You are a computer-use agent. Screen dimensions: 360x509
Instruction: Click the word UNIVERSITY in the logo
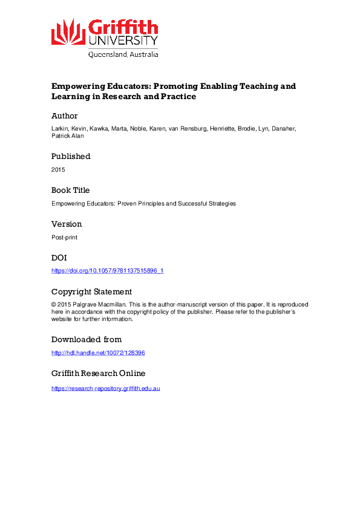[123, 41]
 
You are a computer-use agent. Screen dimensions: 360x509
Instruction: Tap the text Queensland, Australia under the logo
[123, 54]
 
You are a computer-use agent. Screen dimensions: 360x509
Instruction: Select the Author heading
[64, 115]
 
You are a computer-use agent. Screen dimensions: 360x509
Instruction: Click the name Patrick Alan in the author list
[65, 136]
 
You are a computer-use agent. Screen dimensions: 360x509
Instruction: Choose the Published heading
[71, 156]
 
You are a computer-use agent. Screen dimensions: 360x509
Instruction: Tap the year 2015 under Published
[58, 169]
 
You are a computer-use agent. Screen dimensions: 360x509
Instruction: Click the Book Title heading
[71, 190]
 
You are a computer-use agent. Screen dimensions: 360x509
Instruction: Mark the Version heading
[67, 224]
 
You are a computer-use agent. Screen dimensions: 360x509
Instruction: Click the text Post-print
[64, 237]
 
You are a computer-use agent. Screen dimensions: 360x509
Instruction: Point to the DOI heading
[59, 258]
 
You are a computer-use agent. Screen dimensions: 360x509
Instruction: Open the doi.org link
[107, 271]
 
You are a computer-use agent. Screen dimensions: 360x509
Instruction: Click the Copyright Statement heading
[91, 291]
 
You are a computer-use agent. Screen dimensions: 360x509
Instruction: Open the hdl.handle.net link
[98, 352]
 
